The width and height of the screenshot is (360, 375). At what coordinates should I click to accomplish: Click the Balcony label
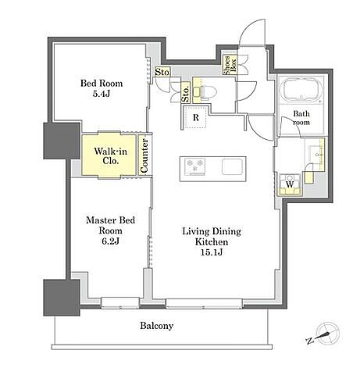click(156, 326)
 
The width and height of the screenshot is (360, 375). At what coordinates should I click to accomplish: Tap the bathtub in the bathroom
click(301, 89)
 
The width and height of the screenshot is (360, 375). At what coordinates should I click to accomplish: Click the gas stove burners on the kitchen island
click(194, 166)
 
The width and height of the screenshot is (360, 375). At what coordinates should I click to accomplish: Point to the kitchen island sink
click(232, 166)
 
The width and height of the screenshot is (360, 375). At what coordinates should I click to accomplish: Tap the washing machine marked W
click(290, 185)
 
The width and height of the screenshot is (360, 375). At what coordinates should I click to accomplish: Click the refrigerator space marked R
click(195, 117)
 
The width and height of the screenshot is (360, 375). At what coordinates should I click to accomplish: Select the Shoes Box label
click(230, 65)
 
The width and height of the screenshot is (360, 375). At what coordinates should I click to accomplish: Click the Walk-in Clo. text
click(110, 155)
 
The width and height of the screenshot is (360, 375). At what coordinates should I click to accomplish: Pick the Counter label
click(144, 155)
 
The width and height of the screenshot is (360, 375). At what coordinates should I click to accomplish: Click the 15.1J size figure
click(212, 252)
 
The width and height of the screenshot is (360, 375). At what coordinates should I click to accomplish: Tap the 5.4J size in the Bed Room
click(102, 94)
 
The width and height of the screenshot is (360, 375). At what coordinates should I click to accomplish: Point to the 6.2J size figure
click(110, 241)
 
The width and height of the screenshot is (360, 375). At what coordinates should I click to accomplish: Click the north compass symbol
click(325, 334)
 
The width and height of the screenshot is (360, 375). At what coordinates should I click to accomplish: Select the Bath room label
click(301, 118)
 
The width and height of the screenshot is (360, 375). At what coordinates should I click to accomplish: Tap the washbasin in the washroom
click(315, 155)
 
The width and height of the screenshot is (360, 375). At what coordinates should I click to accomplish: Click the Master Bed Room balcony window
click(120, 303)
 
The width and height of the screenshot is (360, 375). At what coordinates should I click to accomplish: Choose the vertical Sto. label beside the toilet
click(185, 93)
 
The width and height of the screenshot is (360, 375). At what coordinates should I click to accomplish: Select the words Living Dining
click(212, 231)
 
